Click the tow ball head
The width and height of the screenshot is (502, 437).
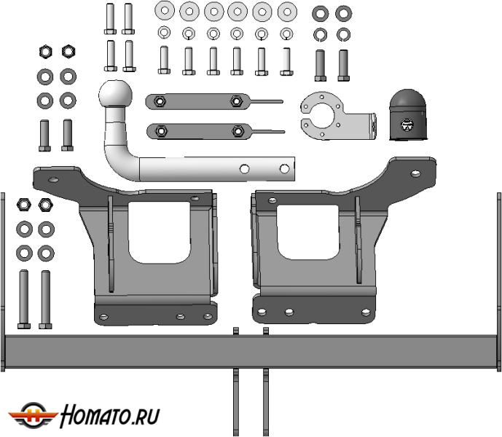click(115, 93)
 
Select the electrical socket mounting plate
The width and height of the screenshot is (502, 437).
click(338, 116)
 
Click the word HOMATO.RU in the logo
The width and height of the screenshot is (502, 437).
click(110, 416)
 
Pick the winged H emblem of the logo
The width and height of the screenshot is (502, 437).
click(33, 415)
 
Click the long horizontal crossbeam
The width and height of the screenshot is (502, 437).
click(251, 351)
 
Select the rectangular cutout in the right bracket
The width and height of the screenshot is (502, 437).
click(308, 232)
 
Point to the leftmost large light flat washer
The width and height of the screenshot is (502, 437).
click(165, 10)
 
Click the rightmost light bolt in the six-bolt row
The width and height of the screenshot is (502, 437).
click(286, 61)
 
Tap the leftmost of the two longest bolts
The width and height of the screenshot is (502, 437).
click(24, 299)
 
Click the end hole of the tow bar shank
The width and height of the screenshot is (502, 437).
click(284, 169)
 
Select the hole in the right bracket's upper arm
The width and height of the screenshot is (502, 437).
click(415, 173)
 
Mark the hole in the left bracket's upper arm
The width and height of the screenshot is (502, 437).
click(53, 180)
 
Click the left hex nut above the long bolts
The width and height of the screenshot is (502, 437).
click(24, 204)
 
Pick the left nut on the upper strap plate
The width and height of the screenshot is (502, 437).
click(160, 101)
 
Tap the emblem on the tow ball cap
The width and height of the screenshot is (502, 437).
click(407, 125)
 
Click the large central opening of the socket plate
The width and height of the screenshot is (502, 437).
click(322, 114)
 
